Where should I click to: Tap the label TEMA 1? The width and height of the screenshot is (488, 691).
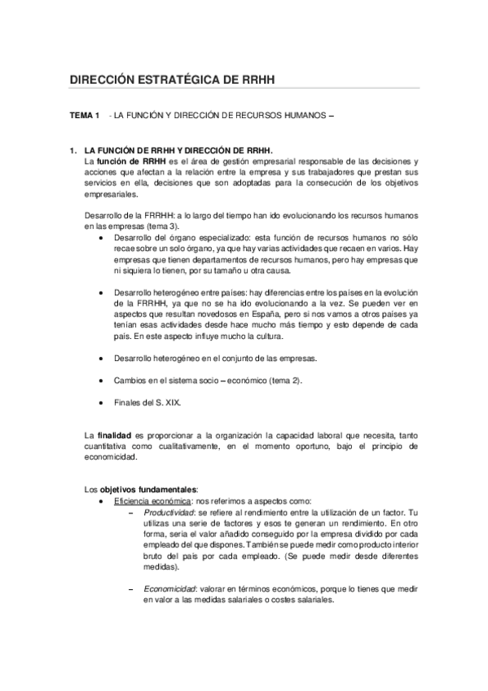click(84, 116)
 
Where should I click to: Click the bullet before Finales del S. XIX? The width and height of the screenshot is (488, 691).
click(99, 402)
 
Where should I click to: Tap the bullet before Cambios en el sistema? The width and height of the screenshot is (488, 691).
click(99, 380)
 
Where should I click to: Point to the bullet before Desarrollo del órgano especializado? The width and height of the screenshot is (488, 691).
click(99, 236)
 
